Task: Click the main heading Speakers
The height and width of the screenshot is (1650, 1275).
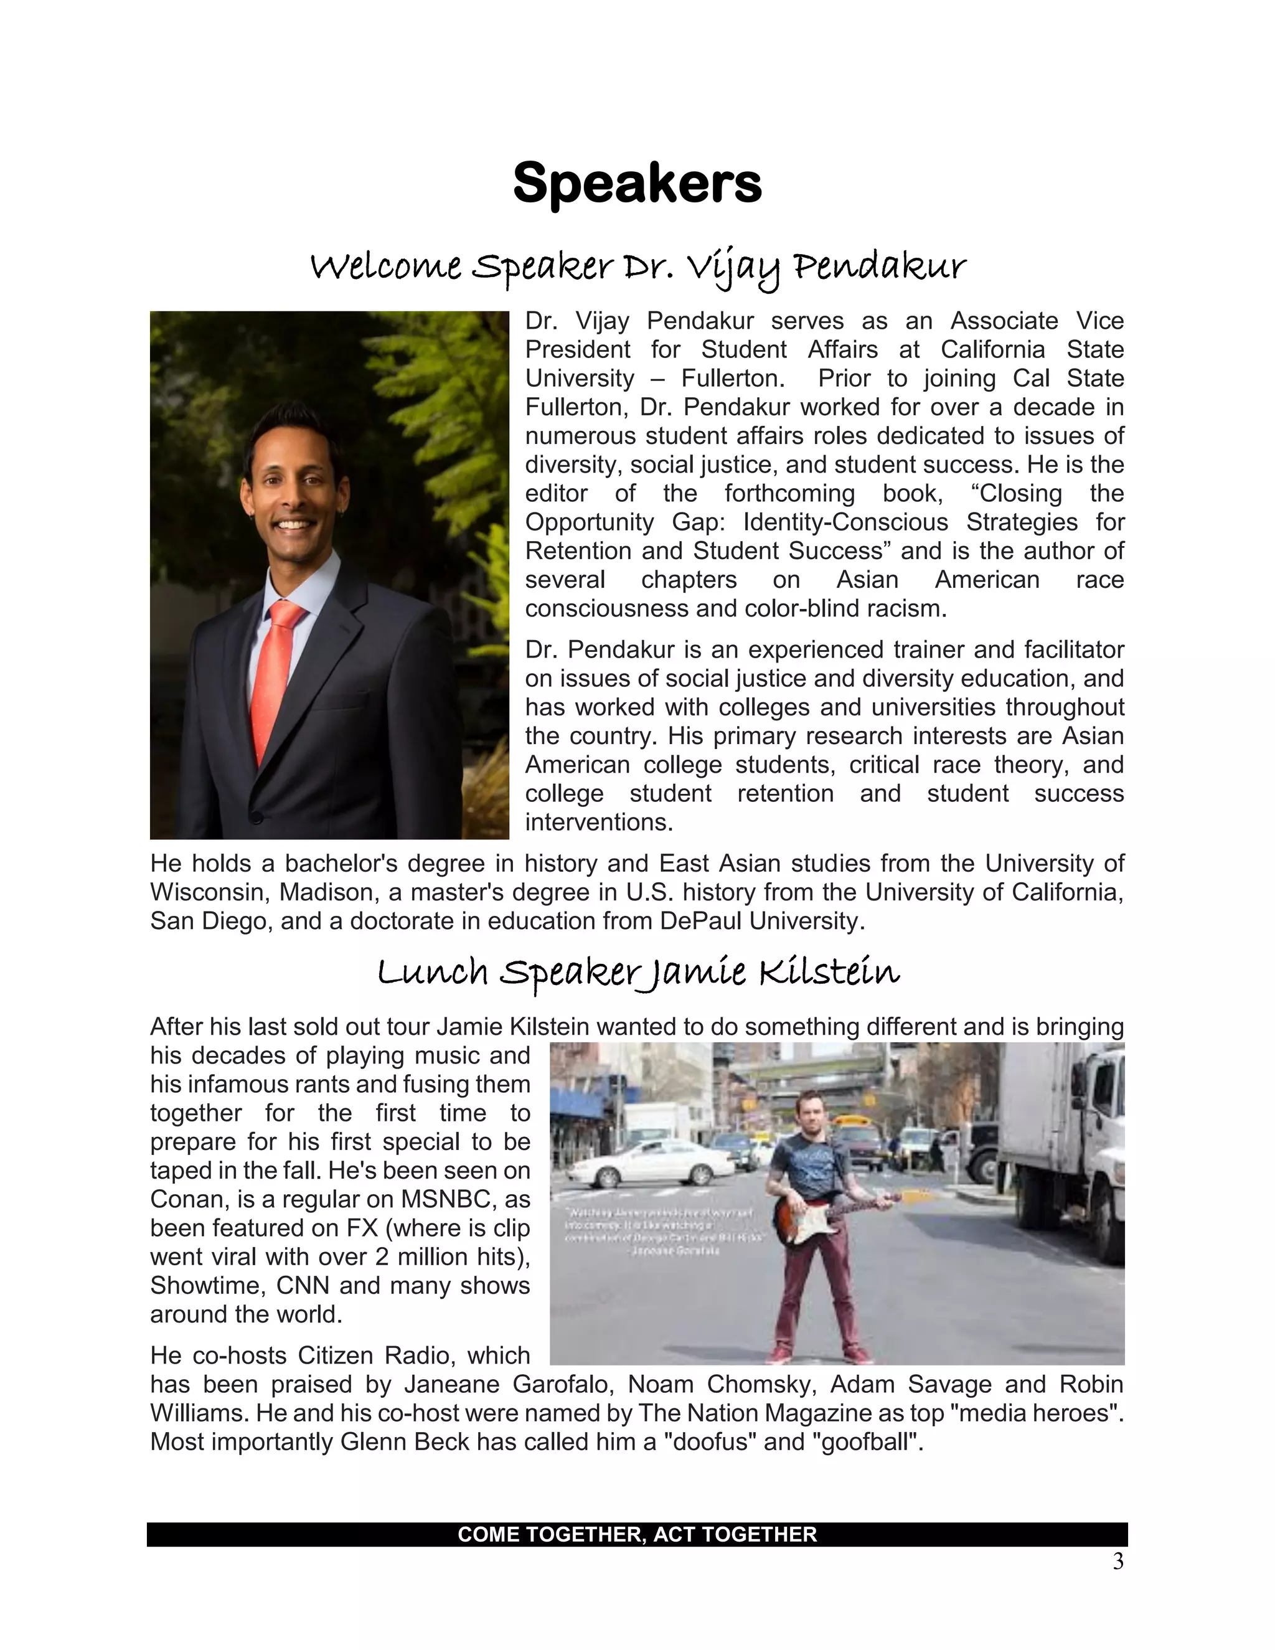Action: [637, 183]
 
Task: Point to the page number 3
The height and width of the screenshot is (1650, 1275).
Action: [1118, 1562]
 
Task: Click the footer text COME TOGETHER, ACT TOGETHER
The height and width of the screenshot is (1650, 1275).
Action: [637, 1534]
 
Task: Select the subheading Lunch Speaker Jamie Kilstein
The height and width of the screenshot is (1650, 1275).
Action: [637, 973]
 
